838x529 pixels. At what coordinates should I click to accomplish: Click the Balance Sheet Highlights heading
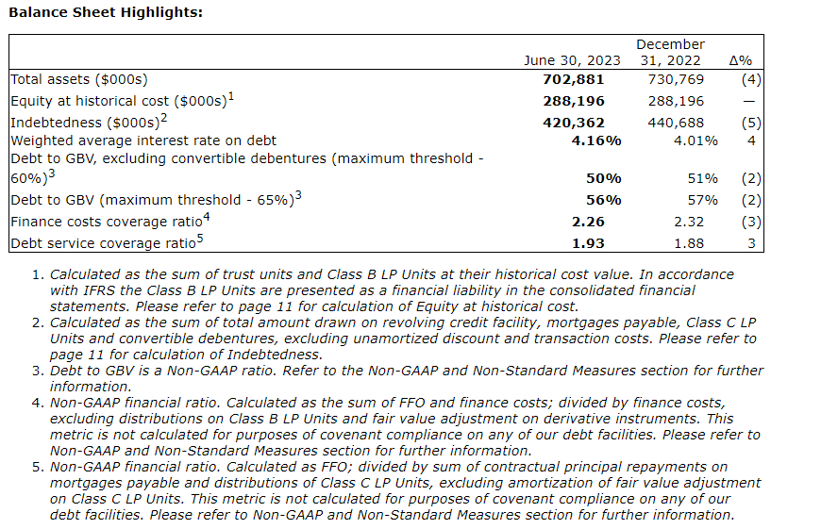pos(106,12)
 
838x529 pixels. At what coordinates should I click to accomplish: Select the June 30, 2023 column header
pos(572,60)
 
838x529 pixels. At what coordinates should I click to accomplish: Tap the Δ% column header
pos(741,60)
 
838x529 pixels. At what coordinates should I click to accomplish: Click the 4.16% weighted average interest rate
pos(596,141)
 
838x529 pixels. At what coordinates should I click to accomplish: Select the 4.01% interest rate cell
pos(696,141)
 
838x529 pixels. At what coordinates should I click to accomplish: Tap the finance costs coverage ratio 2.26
pos(604,222)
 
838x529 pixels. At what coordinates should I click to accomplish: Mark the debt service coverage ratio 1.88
pos(702,243)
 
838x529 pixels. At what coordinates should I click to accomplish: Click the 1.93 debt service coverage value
pos(604,243)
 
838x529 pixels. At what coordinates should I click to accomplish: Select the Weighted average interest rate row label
pos(143,141)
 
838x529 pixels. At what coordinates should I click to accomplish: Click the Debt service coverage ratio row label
pos(104,243)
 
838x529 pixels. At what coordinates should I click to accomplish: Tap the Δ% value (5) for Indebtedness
pos(751,122)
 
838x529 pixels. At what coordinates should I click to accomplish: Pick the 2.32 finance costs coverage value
pos(702,222)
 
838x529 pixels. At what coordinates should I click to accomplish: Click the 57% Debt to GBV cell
pos(703,200)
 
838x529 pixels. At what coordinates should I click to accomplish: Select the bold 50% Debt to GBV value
pos(604,178)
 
